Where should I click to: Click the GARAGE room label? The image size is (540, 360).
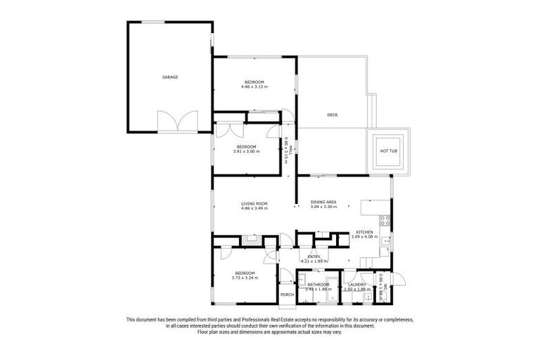point(169,77)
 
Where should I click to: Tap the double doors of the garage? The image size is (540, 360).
point(172,122)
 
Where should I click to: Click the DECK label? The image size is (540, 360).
point(333,115)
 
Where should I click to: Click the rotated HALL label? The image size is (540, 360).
point(290,148)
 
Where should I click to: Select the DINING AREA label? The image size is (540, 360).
point(323,202)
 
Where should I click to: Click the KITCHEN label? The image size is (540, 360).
point(364,232)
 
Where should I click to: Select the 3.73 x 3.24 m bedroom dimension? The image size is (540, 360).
point(245,277)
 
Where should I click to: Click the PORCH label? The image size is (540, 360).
point(286,295)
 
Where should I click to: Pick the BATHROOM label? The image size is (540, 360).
point(319,284)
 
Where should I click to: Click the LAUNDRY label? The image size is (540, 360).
point(358,284)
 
